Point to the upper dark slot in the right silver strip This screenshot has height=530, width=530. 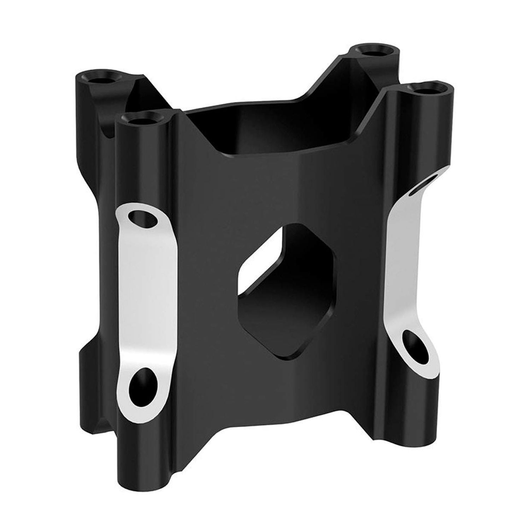point(426,182)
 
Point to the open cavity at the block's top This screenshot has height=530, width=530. point(269,131)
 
